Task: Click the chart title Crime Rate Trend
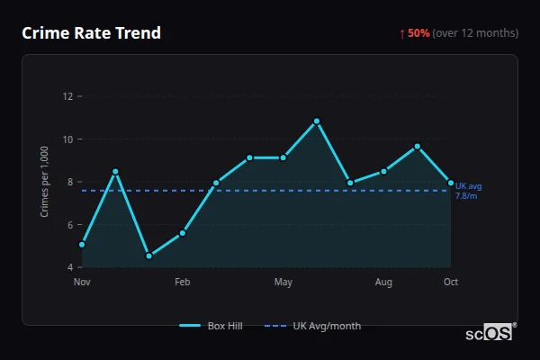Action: tap(91, 33)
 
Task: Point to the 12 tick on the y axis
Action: tap(67, 96)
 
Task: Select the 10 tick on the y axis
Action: tap(67, 139)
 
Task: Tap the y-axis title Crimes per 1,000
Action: tap(45, 183)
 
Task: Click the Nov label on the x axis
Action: tap(82, 283)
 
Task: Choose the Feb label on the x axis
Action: tap(183, 283)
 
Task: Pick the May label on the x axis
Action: tap(283, 283)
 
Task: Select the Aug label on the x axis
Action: tap(384, 283)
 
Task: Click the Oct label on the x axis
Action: tap(451, 283)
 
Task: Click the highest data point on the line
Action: tap(317, 121)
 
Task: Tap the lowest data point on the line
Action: tap(148, 256)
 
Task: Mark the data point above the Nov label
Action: tap(82, 244)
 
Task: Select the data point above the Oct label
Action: tap(451, 183)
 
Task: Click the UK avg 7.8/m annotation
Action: tap(468, 191)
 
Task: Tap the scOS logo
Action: tap(490, 333)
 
